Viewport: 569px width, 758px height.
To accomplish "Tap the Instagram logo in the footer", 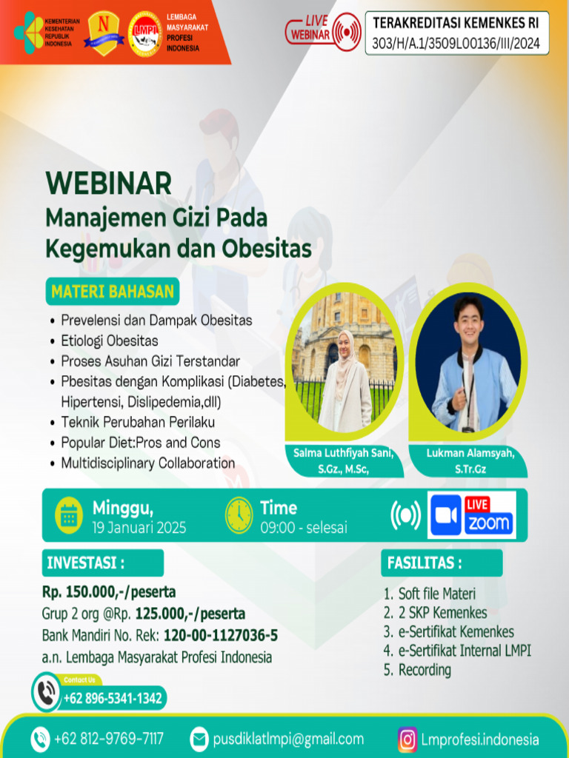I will [x=407, y=739].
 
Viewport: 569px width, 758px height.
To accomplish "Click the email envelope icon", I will [x=199, y=739].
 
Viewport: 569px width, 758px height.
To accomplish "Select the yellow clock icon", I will [x=239, y=514].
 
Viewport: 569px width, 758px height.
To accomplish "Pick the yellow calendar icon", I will [x=70, y=515].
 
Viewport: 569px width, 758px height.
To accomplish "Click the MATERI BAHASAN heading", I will [x=113, y=292].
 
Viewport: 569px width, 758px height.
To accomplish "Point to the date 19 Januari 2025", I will [x=139, y=528].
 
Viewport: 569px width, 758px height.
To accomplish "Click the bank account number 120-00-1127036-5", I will [x=221, y=635].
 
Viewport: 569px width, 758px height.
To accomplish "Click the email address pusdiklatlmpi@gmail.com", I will [x=288, y=739].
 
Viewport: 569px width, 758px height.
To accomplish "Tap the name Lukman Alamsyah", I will [x=470, y=452].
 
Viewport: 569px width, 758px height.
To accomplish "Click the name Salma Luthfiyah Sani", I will [x=342, y=452].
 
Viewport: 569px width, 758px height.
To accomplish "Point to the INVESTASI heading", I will [x=85, y=563].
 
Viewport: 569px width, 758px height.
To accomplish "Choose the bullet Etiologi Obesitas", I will [x=109, y=341].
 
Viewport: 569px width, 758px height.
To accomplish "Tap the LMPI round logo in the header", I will [x=145, y=34].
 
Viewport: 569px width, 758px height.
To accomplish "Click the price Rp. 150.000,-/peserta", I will [x=109, y=592].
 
